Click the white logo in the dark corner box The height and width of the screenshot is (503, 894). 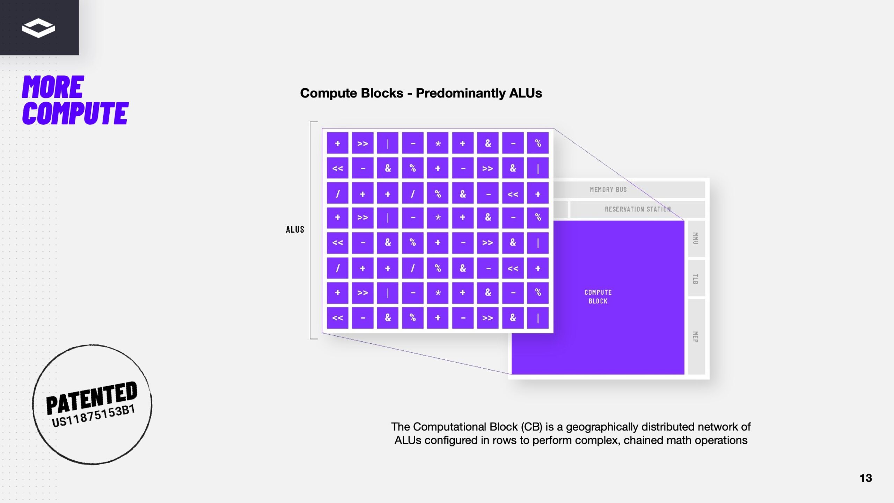pyautogui.click(x=38, y=28)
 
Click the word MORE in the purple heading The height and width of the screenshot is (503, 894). pyautogui.click(x=53, y=87)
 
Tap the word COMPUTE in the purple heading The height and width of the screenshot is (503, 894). pyautogui.click(x=75, y=114)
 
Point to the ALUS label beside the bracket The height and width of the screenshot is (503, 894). pyautogui.click(x=295, y=229)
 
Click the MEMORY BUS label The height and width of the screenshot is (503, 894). pyautogui.click(x=608, y=190)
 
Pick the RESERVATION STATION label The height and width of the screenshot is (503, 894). pyautogui.click(x=638, y=209)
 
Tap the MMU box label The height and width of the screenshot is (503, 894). pyautogui.click(x=695, y=238)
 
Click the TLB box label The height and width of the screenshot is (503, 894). pyautogui.click(x=695, y=279)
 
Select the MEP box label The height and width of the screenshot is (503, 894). pyautogui.click(x=695, y=337)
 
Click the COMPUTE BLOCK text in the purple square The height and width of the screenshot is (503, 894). pyautogui.click(x=598, y=297)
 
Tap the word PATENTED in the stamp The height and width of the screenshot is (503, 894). pyautogui.click(x=91, y=398)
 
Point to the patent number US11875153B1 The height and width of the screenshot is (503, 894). pyautogui.click(x=93, y=416)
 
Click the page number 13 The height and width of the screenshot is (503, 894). pyautogui.click(x=866, y=478)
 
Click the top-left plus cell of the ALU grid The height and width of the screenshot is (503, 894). pyautogui.click(x=337, y=143)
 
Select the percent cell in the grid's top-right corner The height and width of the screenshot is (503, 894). pyautogui.click(x=538, y=143)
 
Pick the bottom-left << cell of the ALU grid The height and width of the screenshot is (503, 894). pyautogui.click(x=337, y=318)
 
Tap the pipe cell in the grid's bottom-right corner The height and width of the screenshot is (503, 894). pyautogui.click(x=538, y=318)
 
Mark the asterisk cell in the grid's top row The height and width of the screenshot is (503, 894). pyautogui.click(x=438, y=143)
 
